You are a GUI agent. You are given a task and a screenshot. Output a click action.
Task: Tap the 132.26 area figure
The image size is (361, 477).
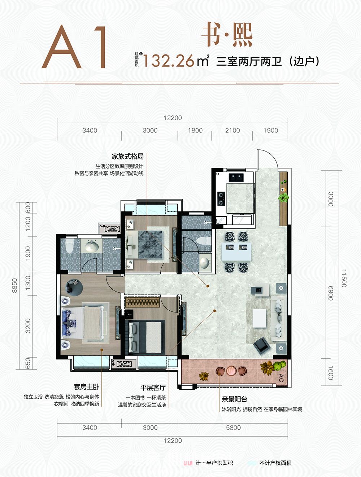tap(169, 61)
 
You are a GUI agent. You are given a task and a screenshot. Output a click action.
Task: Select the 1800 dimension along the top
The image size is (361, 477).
tap(195, 130)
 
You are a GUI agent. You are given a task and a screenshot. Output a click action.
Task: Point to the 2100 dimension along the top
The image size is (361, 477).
tap(232, 130)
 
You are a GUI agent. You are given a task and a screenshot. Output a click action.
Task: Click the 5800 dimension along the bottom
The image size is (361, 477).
tap(233, 428)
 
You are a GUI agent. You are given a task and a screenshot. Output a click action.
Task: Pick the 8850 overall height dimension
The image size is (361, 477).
tap(15, 285)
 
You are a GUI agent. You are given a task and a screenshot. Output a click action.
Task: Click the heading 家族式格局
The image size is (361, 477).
tap(127, 157)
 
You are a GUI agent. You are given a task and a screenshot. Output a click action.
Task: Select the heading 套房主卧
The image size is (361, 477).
tap(86, 387)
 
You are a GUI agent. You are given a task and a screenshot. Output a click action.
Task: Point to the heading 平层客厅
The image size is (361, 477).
tap(153, 388)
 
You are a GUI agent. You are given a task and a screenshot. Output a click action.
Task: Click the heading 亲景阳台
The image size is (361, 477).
tap(235, 399)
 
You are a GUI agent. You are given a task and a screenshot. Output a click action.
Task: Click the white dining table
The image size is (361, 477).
tap(236, 252)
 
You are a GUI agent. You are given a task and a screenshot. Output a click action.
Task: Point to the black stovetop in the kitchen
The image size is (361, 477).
tap(221, 196)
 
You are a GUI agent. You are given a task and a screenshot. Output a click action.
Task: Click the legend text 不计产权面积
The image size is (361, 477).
tap(275, 463)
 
